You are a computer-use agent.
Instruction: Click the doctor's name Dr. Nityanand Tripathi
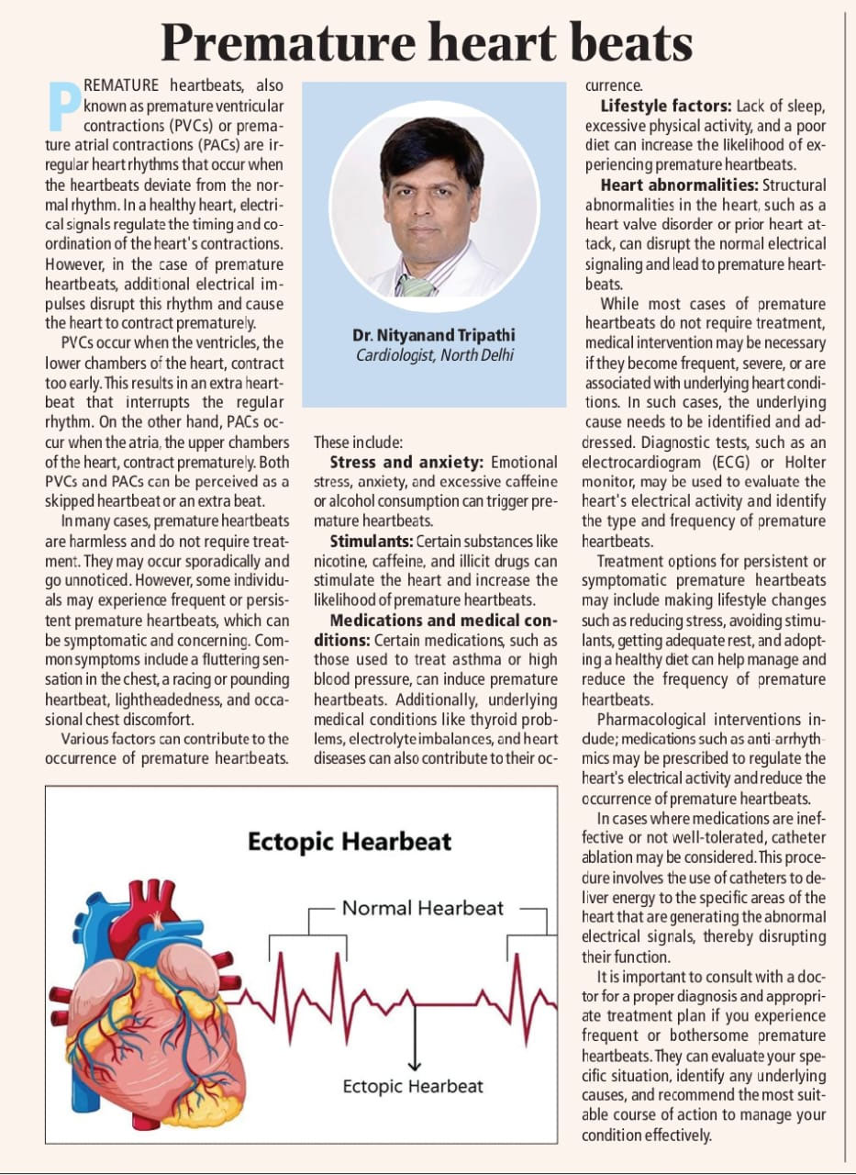click(x=434, y=335)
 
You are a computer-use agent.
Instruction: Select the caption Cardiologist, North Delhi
click(x=434, y=354)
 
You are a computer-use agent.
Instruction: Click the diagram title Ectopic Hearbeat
click(x=350, y=842)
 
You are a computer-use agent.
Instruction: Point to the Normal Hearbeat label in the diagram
click(x=423, y=908)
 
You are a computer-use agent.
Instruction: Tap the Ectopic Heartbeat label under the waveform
click(x=413, y=1086)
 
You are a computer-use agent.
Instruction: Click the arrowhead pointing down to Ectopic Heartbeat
click(x=414, y=1065)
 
